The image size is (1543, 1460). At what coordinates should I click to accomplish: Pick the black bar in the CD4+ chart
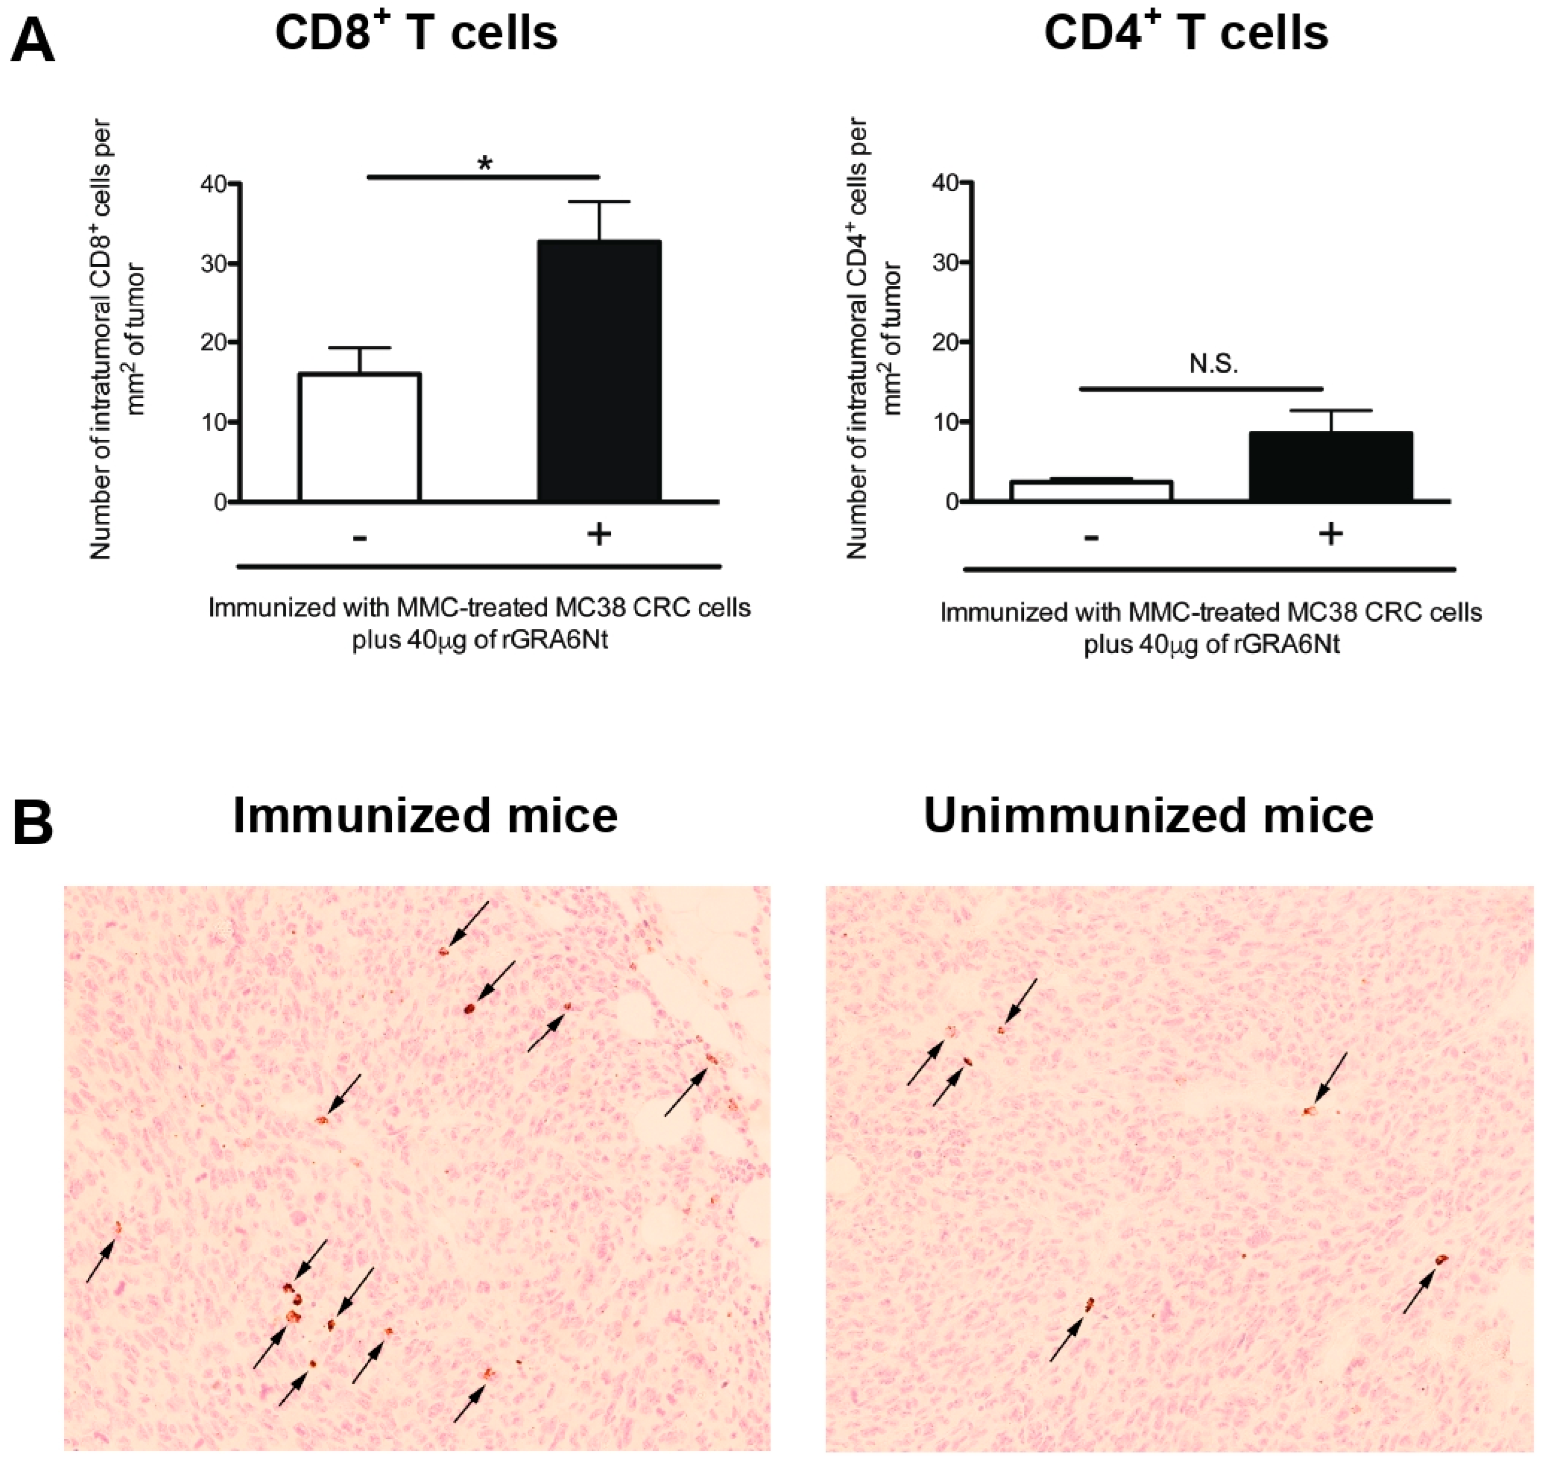(1330, 467)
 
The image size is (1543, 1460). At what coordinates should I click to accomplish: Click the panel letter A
(33, 43)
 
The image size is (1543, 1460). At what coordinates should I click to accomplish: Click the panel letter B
(33, 823)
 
